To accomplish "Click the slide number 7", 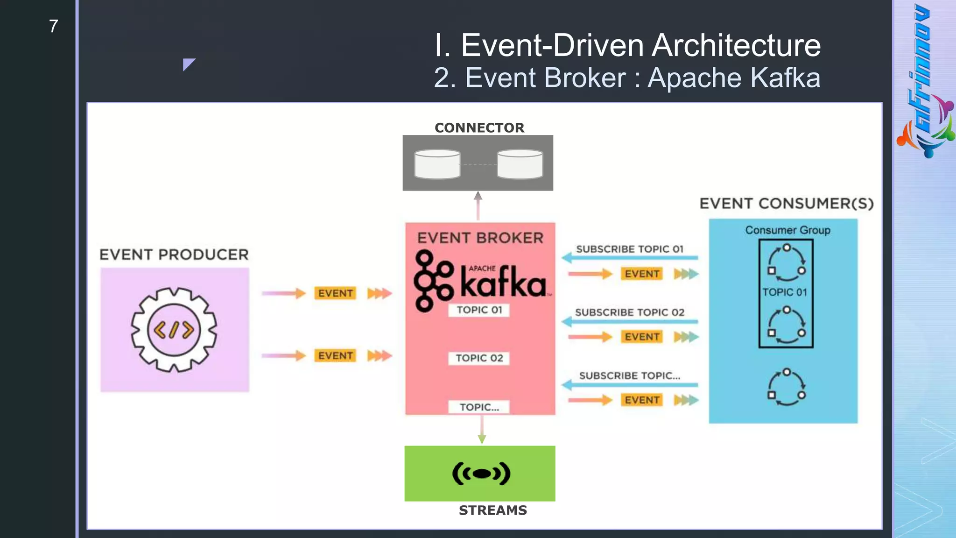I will coord(53,27).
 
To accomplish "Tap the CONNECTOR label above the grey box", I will coord(479,127).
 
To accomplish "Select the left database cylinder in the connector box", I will coord(437,164).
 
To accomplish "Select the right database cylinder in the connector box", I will coord(520,164).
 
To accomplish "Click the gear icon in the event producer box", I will coord(174,330).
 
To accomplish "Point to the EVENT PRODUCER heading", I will coord(174,255).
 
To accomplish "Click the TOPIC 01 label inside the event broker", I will coord(479,310).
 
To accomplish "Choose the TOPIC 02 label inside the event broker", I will coord(479,358).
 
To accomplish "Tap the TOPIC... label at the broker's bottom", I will coord(479,407).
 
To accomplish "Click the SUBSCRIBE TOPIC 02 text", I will coord(629,312).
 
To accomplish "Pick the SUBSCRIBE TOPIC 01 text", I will coord(629,249).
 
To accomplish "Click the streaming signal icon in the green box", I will coord(481,474).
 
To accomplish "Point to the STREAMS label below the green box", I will coord(492,510).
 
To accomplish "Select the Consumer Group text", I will coord(787,230).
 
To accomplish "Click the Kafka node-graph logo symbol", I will coord(433,281).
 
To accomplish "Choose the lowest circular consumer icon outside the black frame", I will coord(787,387).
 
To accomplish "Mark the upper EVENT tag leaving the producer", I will coord(335,293).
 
